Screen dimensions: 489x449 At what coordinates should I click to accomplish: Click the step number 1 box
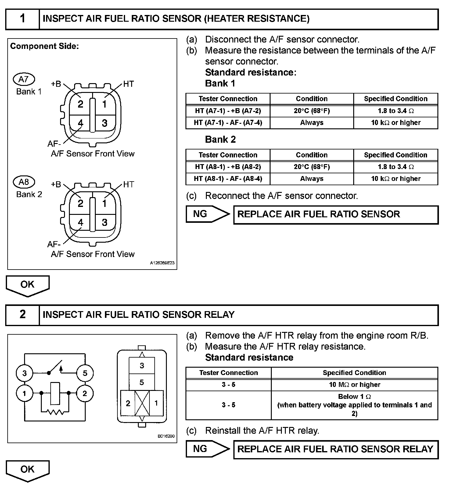click(x=23, y=19)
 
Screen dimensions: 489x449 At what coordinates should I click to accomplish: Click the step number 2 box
click(x=23, y=314)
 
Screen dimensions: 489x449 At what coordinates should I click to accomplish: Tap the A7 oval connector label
click(x=24, y=79)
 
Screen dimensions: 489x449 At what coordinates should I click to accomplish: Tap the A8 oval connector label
click(x=24, y=182)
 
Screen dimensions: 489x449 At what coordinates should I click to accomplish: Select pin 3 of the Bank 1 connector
click(x=105, y=123)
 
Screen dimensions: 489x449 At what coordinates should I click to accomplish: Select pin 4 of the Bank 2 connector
click(x=80, y=222)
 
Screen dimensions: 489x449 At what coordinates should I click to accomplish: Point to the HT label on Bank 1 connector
click(x=128, y=84)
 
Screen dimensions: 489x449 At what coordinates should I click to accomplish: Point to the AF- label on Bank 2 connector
click(x=54, y=244)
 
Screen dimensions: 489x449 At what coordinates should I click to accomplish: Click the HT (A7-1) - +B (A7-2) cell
click(x=228, y=111)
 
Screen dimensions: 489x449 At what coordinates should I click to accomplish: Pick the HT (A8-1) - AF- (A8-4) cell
click(x=228, y=179)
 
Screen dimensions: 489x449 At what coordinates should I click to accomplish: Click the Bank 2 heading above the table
click(x=220, y=140)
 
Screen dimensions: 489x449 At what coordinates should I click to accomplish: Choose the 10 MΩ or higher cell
click(x=354, y=384)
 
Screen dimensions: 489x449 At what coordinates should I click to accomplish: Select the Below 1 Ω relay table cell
click(x=354, y=405)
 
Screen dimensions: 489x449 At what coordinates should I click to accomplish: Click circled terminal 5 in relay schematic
click(x=85, y=373)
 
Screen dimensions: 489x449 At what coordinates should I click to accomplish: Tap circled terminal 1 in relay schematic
click(x=24, y=393)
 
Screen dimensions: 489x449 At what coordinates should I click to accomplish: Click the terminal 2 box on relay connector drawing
click(x=128, y=403)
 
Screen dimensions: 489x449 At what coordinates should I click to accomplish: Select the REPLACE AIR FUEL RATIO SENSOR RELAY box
click(x=336, y=449)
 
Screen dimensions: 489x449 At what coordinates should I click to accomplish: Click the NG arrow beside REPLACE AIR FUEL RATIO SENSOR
click(x=207, y=214)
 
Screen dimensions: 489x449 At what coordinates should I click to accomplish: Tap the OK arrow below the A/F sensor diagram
click(x=27, y=285)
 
